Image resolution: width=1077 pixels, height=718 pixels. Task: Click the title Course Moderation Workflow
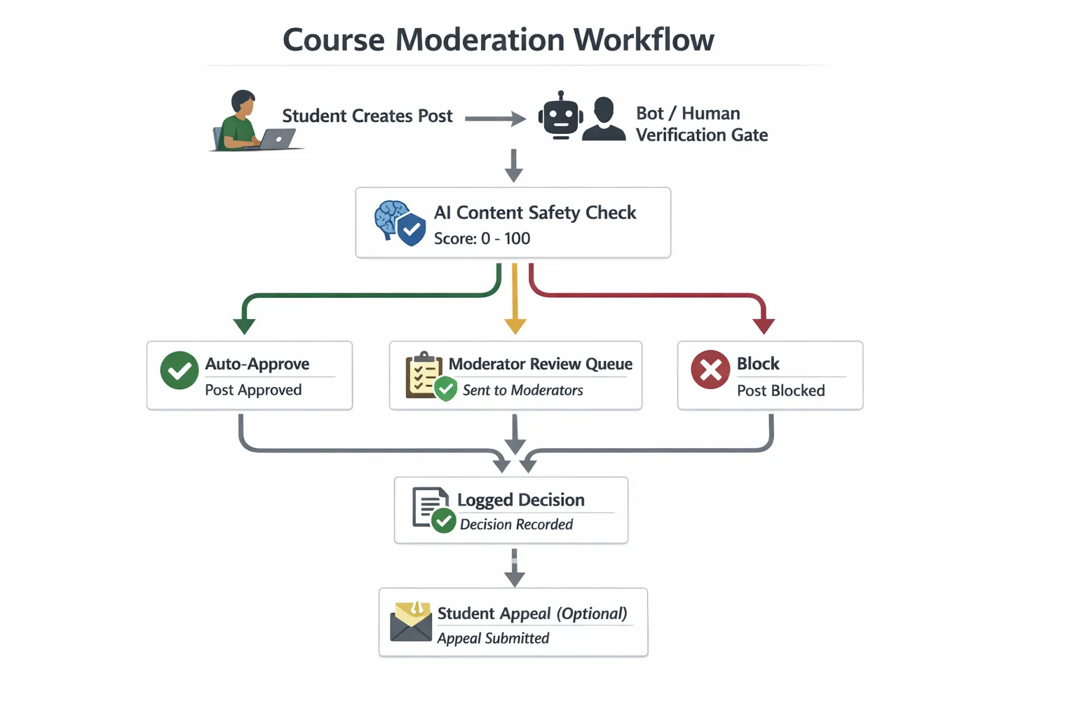pyautogui.click(x=498, y=40)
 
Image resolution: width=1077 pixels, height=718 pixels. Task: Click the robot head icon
pyautogui.click(x=560, y=117)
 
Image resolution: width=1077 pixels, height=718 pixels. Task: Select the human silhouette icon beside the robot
pyautogui.click(x=604, y=120)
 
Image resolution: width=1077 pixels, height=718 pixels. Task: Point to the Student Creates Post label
pyautogui.click(x=367, y=116)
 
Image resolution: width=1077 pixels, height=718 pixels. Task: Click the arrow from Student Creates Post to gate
pyautogui.click(x=495, y=118)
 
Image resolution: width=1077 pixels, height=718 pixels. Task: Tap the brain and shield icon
pyautogui.click(x=400, y=222)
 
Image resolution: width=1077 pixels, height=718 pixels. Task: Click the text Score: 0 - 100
pyautogui.click(x=482, y=238)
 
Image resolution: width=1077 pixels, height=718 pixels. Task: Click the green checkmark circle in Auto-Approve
pyautogui.click(x=179, y=370)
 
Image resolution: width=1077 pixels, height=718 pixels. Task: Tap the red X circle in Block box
pyautogui.click(x=710, y=370)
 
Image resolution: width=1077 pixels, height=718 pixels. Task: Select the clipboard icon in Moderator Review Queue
pyautogui.click(x=424, y=374)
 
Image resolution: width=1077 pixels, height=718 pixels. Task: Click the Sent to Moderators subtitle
pyautogui.click(x=522, y=391)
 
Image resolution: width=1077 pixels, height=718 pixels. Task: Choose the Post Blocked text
pyautogui.click(x=780, y=391)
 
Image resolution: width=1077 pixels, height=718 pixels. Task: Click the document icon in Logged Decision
pyautogui.click(x=430, y=506)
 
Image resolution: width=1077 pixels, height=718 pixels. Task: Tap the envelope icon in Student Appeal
pyautogui.click(x=411, y=621)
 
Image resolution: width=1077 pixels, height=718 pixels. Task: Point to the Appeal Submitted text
pyautogui.click(x=493, y=638)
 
